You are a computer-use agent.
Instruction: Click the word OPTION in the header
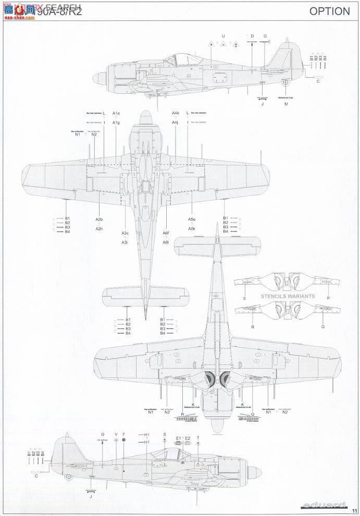[x=330, y=11]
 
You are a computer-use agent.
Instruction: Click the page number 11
[x=354, y=510]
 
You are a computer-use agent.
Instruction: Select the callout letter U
[x=224, y=36]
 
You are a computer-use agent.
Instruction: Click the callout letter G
[x=265, y=36]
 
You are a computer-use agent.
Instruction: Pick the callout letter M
[x=286, y=104]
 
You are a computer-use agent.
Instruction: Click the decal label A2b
[x=99, y=219]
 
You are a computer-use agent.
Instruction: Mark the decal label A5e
[x=192, y=219]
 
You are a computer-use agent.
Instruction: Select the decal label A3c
[x=125, y=233]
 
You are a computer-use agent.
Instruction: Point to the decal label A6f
[x=166, y=233]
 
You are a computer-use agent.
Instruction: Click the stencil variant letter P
[x=328, y=299]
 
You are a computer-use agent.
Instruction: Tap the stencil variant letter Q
[x=322, y=327]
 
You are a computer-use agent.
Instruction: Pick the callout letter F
[x=123, y=434]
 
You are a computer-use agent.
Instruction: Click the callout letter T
[x=198, y=438]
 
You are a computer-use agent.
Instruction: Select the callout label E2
[x=188, y=438]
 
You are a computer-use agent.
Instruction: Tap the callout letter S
[x=164, y=434]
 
